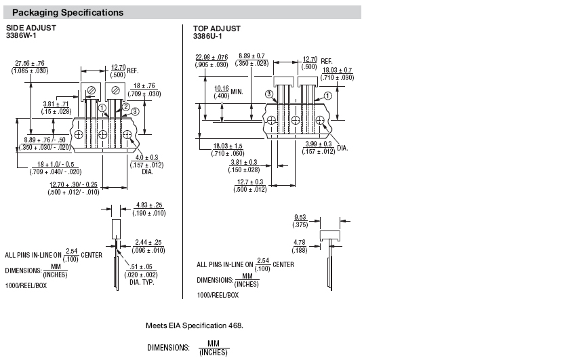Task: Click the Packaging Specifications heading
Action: [x=68, y=13]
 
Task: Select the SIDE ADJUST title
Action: [x=31, y=28]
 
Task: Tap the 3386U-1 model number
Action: [x=207, y=37]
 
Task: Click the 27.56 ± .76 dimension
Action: [x=30, y=67]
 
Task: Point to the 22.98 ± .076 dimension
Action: [x=211, y=61]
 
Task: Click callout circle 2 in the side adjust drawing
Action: [x=125, y=107]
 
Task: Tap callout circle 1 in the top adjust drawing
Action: [x=327, y=96]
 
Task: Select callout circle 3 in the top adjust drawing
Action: [x=269, y=94]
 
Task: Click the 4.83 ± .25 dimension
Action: [x=149, y=209]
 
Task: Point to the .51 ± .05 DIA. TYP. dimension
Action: [x=141, y=275]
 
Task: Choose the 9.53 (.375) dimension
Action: [x=300, y=221]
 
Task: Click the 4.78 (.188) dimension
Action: [x=300, y=246]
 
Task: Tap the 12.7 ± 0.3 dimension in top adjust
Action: [x=250, y=186]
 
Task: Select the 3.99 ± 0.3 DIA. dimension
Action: [x=325, y=148]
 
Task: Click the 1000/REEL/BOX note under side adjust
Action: [x=26, y=286]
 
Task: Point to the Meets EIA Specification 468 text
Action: [x=195, y=326]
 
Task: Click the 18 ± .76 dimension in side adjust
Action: [x=144, y=90]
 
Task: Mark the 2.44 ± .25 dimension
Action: [x=148, y=246]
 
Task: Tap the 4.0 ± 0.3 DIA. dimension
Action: [x=146, y=165]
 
